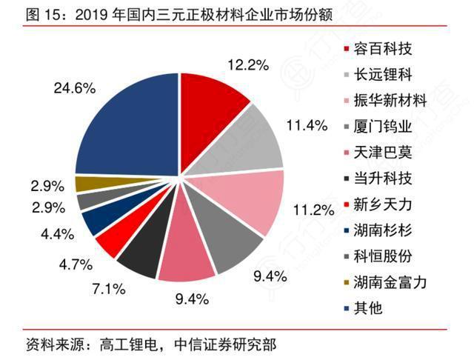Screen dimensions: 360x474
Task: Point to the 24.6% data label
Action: coord(75,88)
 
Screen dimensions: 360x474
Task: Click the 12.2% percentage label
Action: coord(247,65)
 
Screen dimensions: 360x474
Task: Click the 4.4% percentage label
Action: coord(58,234)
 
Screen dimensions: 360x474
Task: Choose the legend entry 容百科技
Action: coord(383,50)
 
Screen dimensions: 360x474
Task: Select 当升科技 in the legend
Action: coord(383,179)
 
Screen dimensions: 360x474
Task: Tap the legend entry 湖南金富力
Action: coord(389,282)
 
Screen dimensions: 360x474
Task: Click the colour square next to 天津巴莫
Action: coord(347,153)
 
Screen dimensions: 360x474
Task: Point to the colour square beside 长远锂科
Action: coord(347,76)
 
